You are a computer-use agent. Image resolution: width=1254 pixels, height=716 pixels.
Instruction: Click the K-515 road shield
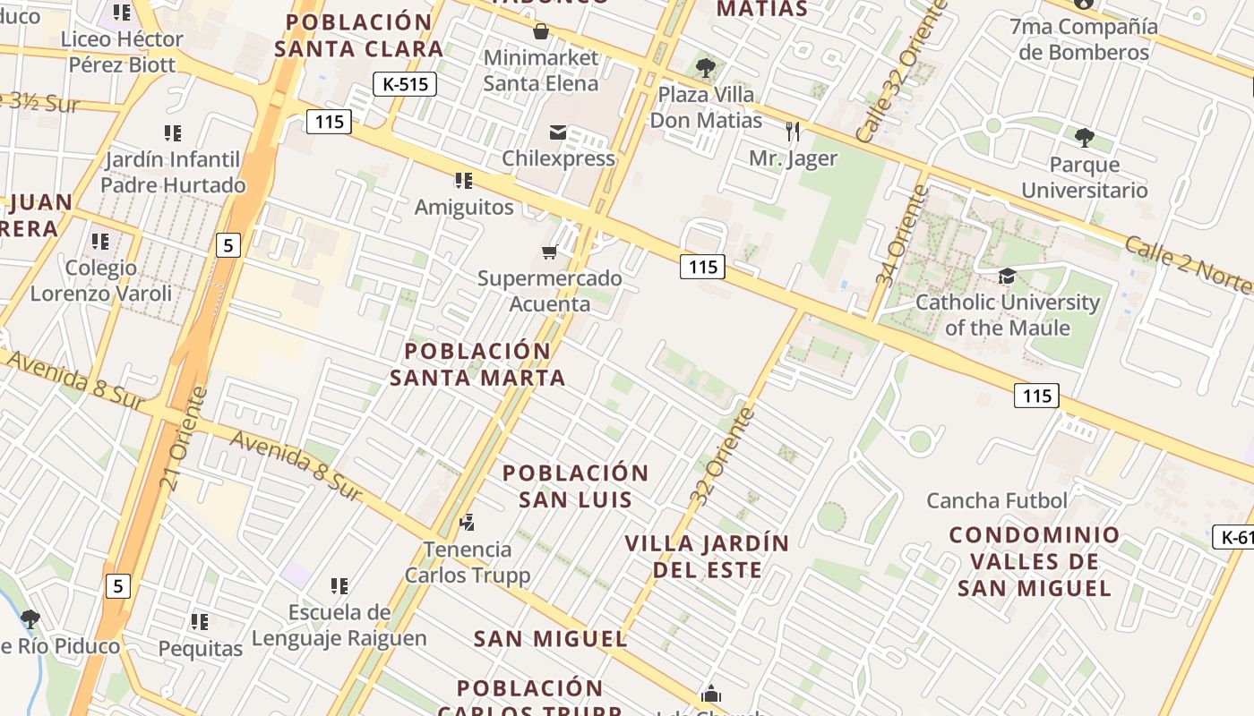coord(404,84)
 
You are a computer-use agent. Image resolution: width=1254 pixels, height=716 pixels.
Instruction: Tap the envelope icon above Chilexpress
coord(558,132)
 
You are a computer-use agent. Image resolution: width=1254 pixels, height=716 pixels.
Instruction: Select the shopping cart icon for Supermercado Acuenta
coord(549,251)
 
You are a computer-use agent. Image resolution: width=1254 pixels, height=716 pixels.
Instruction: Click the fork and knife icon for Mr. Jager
coord(793,132)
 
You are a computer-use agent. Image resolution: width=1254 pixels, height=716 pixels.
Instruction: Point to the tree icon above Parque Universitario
coord(1085,137)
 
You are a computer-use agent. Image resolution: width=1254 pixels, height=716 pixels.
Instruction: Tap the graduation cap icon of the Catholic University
coord(1007,276)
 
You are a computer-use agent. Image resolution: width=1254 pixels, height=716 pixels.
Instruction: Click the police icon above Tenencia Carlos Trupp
coord(467,522)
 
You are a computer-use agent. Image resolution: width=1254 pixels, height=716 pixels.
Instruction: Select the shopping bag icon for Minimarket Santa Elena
coord(541,32)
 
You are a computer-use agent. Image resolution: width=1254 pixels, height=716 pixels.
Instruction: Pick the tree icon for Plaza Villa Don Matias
coord(706,66)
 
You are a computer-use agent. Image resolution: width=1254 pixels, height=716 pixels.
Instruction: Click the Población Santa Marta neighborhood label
coord(477,364)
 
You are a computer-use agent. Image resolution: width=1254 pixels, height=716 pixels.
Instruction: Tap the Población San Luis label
coord(575,486)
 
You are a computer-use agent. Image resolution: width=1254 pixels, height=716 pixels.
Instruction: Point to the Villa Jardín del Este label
coord(707,556)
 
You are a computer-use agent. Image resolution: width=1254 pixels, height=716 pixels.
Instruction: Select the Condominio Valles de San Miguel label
coord(1035,561)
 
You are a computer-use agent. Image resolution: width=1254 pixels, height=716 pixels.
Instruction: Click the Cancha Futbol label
coord(997,500)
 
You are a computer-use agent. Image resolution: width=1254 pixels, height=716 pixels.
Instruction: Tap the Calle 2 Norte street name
coord(1188,264)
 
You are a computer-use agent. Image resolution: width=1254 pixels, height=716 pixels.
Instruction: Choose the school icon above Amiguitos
coord(463,181)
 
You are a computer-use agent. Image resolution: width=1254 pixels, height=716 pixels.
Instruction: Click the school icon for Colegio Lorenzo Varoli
coord(100,242)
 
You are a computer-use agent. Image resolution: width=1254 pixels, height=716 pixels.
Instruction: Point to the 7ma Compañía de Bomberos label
coord(1084,39)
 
